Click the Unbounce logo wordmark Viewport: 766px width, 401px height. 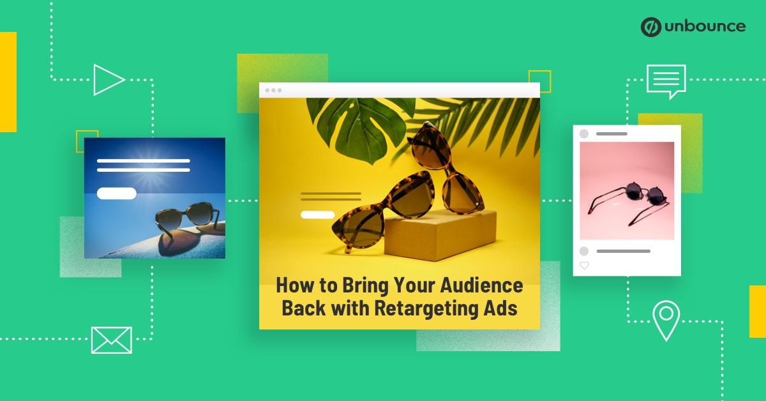[705, 26]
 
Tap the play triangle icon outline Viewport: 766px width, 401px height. [108, 80]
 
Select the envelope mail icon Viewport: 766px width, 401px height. [111, 340]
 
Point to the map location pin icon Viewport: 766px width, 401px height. [666, 320]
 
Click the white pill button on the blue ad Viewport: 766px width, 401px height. [117, 193]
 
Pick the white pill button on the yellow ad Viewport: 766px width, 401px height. [317, 215]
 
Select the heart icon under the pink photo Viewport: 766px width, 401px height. [584, 265]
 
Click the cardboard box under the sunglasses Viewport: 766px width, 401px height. [440, 236]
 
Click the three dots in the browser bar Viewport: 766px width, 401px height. [273, 90]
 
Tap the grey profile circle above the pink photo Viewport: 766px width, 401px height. [584, 134]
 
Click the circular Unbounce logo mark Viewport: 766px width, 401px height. [650, 27]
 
